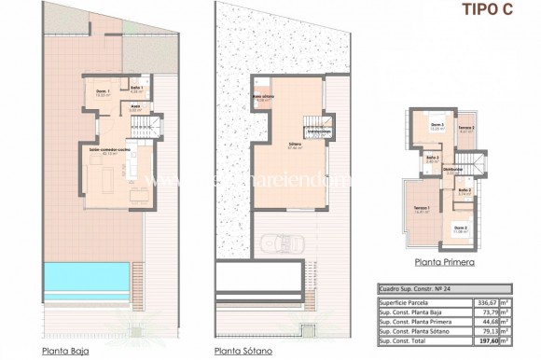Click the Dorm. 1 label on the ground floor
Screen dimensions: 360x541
click(103, 91)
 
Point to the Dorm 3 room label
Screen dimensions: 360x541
click(461, 227)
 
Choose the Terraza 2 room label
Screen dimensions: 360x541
click(466, 128)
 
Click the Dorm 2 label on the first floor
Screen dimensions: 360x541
click(436, 126)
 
